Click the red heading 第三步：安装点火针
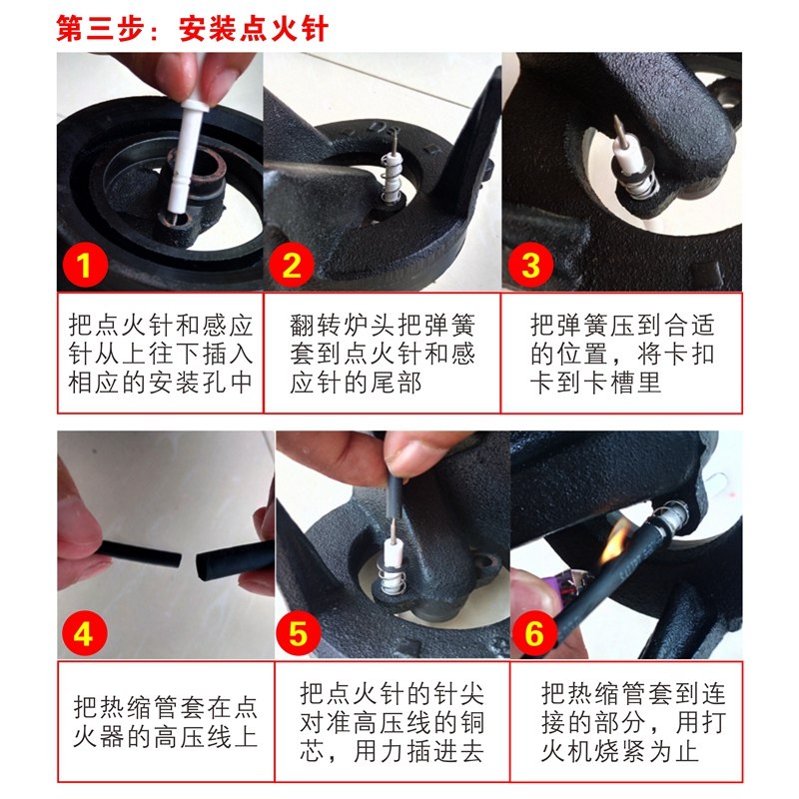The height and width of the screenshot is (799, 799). point(192,28)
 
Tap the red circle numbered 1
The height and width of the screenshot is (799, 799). point(84,265)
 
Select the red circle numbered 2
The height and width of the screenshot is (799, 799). point(291,265)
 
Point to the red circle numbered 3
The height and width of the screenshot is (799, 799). point(530,265)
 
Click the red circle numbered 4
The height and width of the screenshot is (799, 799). point(84,633)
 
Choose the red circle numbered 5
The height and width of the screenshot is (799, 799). point(299,633)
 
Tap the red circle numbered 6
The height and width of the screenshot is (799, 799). point(533,633)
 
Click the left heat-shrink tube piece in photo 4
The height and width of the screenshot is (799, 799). point(140,554)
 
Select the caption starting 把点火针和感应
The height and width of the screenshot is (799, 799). point(161,354)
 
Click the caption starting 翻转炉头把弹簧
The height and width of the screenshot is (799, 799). point(383,354)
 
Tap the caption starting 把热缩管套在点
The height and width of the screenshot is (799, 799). point(166,721)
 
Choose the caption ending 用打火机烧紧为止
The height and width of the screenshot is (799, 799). point(633,721)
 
